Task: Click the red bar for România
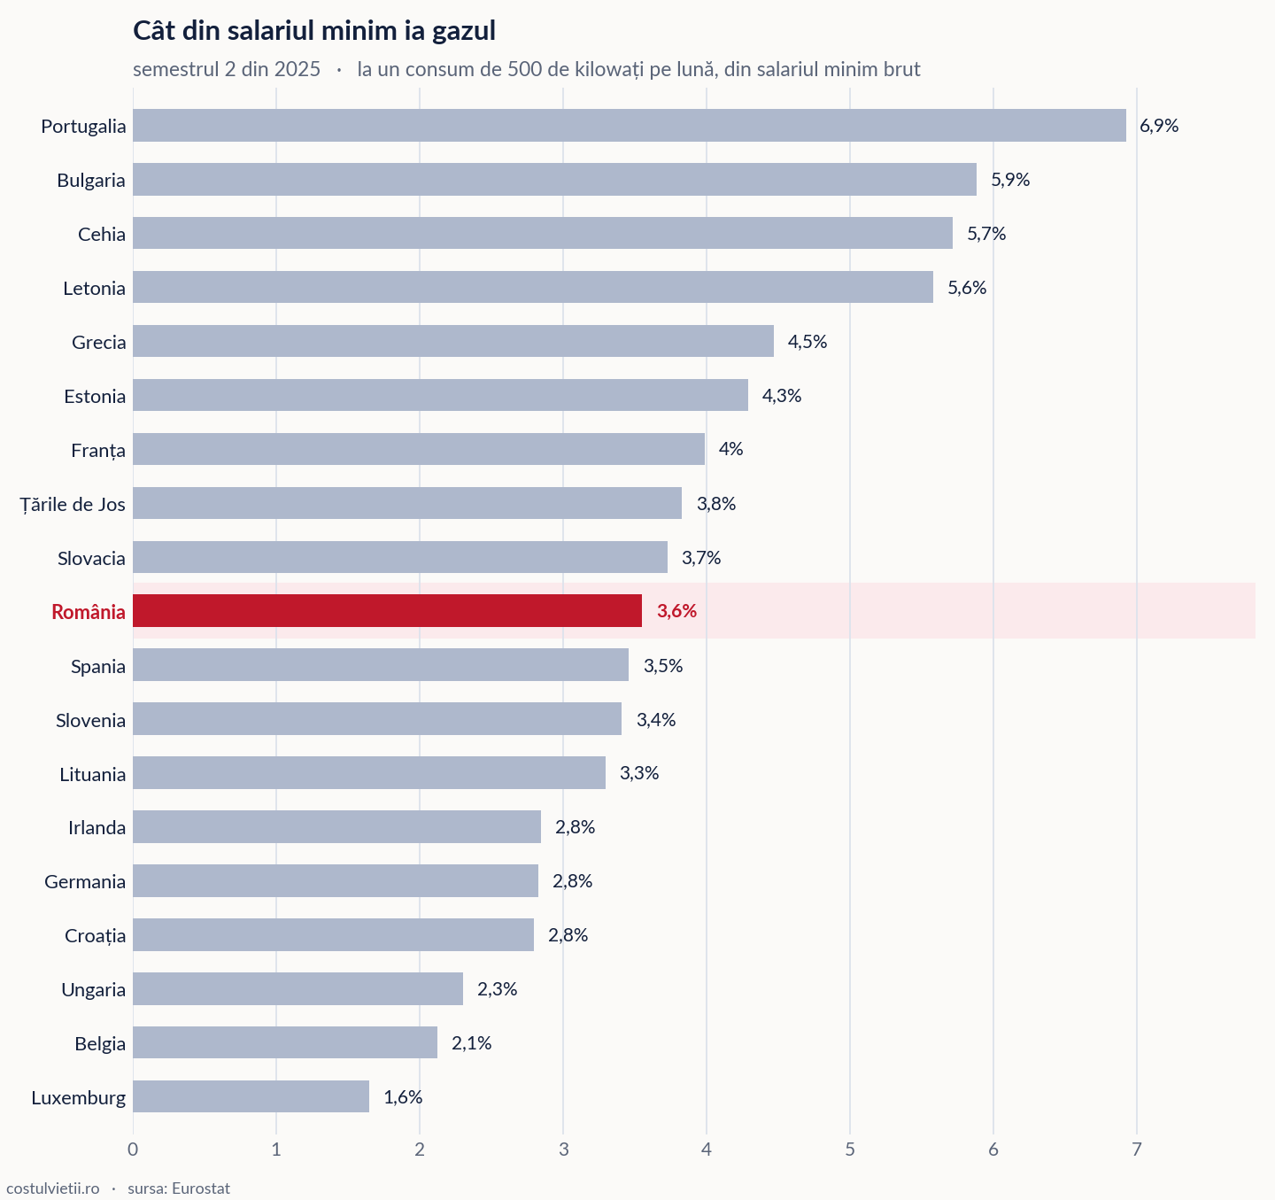387,610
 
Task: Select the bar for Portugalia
630,125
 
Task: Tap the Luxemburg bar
251,1095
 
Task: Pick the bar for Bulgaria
554,179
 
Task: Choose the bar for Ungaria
297,988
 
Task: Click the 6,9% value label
1159,125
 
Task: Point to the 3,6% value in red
676,610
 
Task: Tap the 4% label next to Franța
730,448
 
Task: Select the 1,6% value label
403,1096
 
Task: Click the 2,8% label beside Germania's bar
573,880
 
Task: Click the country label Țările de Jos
73,504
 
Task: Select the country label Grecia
99,342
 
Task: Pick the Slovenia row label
90,720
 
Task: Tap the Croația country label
95,935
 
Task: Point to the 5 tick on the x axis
850,1150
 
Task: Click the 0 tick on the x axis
133,1150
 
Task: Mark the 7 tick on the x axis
1137,1150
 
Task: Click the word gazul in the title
463,31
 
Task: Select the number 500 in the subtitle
524,69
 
